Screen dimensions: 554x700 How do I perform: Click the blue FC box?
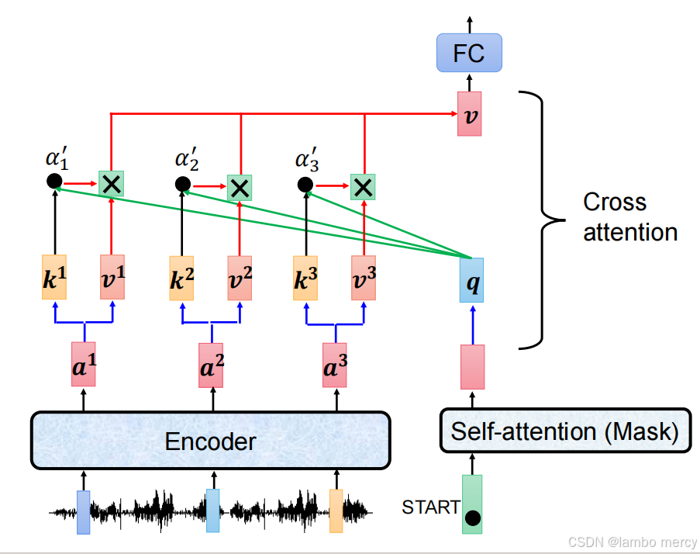[x=469, y=53]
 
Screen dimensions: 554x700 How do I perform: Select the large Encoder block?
[x=210, y=441]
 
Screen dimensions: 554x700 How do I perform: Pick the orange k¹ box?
[x=54, y=277]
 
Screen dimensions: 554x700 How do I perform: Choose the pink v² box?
[x=240, y=277]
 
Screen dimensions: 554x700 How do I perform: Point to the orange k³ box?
[x=305, y=277]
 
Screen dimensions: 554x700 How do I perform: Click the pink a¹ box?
[x=84, y=364]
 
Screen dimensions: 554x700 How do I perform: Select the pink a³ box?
[x=336, y=364]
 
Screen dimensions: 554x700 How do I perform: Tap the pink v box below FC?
[x=469, y=113]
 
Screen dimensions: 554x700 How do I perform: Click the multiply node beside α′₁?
[x=112, y=184]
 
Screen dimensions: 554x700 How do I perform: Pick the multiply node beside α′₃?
[x=362, y=185]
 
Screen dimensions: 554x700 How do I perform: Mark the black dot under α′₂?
[x=182, y=185]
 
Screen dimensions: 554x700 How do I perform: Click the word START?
[x=430, y=507]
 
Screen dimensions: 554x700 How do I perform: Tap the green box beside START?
[x=471, y=504]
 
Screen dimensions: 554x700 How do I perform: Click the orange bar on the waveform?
[x=336, y=510]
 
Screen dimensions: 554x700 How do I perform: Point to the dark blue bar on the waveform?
[x=84, y=512]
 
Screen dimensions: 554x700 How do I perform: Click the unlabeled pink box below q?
[x=472, y=367]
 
